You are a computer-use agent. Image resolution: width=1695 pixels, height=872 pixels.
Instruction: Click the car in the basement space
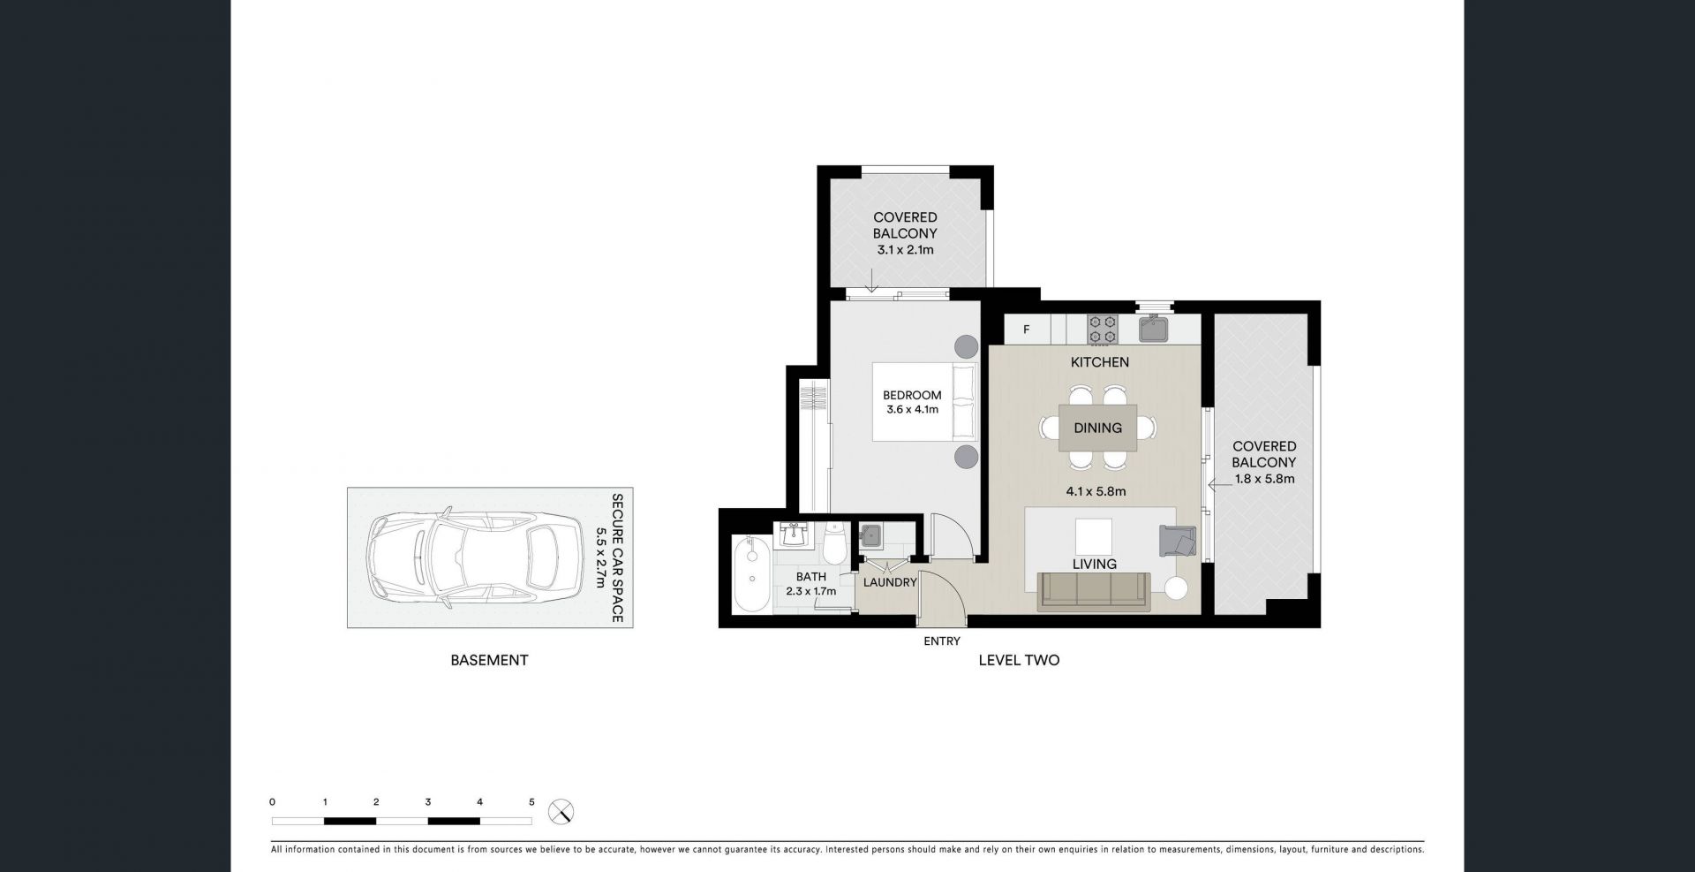click(475, 557)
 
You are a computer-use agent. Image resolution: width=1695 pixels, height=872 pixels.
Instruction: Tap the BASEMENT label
click(489, 660)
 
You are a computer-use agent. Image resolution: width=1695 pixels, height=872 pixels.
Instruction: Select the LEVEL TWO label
click(1019, 660)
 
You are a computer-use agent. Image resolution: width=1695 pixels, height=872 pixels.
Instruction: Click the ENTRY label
click(942, 641)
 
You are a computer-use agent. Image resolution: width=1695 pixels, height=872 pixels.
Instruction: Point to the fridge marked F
click(1028, 330)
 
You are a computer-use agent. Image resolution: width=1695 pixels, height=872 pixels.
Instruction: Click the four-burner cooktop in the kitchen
click(1101, 330)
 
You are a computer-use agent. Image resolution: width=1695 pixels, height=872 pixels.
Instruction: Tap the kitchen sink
click(1154, 329)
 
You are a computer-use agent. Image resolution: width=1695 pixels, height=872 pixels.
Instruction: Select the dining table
click(1098, 428)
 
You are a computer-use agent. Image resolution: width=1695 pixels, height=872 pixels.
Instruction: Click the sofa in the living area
click(1095, 590)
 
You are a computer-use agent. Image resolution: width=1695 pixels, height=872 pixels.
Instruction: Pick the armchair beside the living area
click(1178, 540)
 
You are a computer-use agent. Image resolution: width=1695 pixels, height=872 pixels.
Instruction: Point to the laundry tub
click(872, 535)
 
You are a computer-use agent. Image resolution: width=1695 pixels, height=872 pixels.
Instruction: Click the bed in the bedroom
click(925, 401)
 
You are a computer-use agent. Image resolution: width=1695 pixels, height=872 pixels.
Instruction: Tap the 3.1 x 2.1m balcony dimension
click(905, 250)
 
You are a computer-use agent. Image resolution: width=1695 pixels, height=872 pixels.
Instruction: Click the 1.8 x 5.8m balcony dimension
click(1264, 479)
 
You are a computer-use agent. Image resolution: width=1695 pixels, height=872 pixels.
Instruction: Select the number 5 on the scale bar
click(531, 802)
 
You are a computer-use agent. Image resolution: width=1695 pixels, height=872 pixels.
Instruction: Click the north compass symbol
click(561, 811)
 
